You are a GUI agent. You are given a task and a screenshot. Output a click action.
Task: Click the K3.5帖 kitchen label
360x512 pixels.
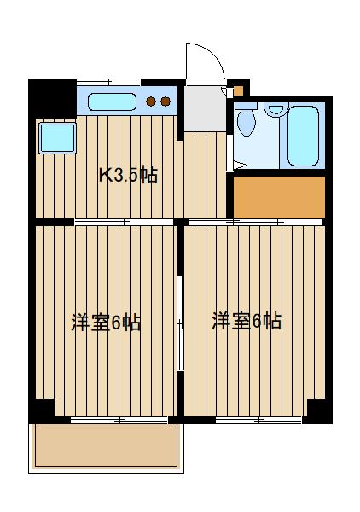pos(128,176)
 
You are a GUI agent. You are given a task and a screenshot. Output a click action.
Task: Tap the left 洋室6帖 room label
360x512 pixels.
pos(106,323)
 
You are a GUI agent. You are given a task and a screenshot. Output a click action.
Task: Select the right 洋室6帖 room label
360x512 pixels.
pos(247,321)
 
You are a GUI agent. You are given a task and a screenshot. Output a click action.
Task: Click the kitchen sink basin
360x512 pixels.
pos(113,102)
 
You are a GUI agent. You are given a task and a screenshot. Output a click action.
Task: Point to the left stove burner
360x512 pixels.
pos(151,102)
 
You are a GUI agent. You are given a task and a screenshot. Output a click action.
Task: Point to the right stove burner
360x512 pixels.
pos(165,102)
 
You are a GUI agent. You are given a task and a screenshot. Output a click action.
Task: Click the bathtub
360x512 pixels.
pos(303,136)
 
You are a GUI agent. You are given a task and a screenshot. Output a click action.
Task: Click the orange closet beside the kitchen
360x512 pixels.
pos(280,196)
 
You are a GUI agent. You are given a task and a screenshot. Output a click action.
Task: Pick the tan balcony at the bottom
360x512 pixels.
pos(106,445)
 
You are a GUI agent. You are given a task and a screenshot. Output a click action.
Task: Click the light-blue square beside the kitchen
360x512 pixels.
pos(57,137)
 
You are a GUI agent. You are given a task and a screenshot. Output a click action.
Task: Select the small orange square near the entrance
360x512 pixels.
pos(240,89)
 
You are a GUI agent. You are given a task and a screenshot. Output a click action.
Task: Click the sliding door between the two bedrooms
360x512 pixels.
pos(180,323)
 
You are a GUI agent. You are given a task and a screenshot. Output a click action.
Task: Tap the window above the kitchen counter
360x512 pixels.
pos(108,81)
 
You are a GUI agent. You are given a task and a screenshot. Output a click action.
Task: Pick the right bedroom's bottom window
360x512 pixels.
pos(258,420)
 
